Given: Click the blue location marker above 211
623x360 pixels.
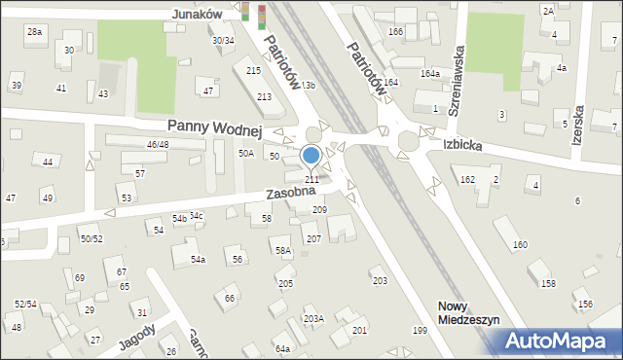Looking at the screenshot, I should pyautogui.click(x=311, y=156).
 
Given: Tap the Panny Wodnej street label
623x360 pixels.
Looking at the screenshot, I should pyautogui.click(x=215, y=126).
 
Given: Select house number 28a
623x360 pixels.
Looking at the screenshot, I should pyautogui.click(x=35, y=32).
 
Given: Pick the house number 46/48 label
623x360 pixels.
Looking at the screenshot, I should pyautogui.click(x=157, y=145).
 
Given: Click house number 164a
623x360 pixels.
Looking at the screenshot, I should pyautogui.click(x=429, y=74).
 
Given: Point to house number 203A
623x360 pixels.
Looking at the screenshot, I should pyautogui.click(x=313, y=318).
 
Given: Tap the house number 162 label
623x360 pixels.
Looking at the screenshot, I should pyautogui.click(x=467, y=179).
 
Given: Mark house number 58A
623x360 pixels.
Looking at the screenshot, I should pyautogui.click(x=283, y=251).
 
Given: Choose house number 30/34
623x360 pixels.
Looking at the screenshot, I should pyautogui.click(x=223, y=40).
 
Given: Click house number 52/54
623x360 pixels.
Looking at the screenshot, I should pyautogui.click(x=25, y=305).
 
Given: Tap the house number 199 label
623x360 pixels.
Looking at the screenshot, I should pyautogui.click(x=420, y=331).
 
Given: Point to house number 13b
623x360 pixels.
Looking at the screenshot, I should pyautogui.click(x=308, y=87).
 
